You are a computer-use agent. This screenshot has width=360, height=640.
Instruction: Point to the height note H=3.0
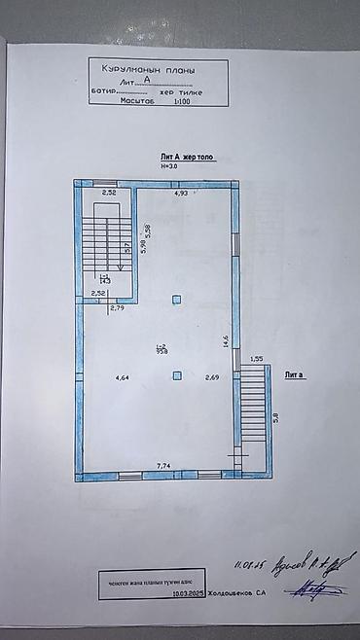click(x=171, y=166)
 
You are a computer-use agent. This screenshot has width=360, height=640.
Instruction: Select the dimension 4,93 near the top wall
click(x=181, y=195)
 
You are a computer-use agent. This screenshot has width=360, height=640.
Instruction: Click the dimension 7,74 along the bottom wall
click(x=164, y=467)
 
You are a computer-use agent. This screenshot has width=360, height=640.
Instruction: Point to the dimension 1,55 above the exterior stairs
click(x=257, y=359)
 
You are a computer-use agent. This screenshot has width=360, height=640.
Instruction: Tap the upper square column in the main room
click(x=176, y=299)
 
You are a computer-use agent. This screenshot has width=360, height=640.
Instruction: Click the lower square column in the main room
click(x=176, y=375)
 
